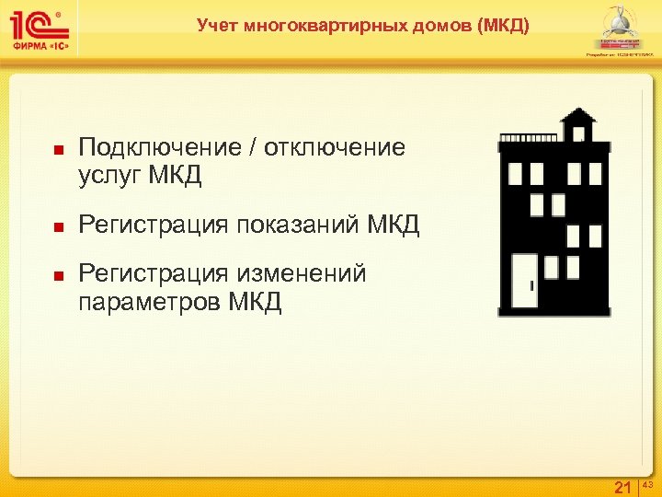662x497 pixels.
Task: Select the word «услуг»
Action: tap(109, 174)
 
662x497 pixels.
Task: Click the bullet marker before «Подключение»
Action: tap(57, 149)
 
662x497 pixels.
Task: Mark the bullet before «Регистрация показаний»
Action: tap(57, 225)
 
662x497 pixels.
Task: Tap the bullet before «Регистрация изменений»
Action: tap(57, 274)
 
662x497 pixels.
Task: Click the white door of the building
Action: tap(525, 281)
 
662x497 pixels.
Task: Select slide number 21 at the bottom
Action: tap(622, 486)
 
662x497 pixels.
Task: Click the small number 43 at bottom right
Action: tap(647, 482)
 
